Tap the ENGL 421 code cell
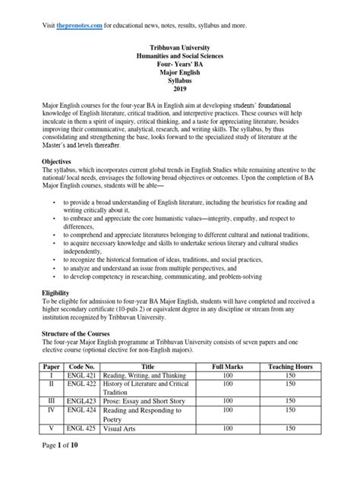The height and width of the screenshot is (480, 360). [83, 377]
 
